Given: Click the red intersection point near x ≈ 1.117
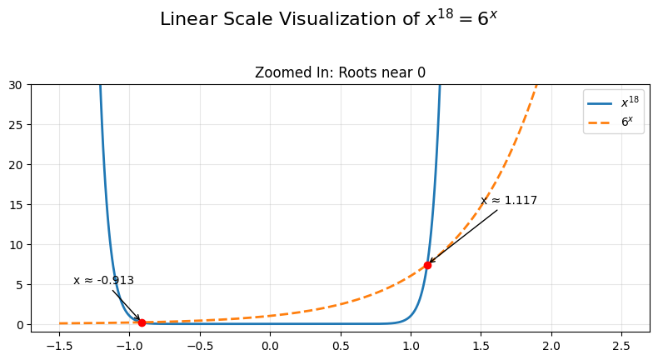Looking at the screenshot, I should pyautogui.click(x=427, y=265).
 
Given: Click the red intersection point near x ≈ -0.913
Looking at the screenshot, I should pyautogui.click(x=142, y=322).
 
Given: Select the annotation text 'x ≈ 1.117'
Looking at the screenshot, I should pyautogui.click(x=509, y=201).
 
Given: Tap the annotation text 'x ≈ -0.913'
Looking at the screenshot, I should pyautogui.click(x=103, y=281).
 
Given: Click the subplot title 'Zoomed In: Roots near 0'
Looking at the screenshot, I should pyautogui.click(x=340, y=72).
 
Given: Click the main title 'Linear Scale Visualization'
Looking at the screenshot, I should pyautogui.click(x=329, y=19).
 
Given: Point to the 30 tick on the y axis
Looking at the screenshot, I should pyautogui.click(x=19, y=85).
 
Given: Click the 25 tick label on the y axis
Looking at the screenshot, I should pyautogui.click(x=19, y=125).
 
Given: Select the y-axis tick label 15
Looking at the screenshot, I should pyautogui.click(x=19, y=205).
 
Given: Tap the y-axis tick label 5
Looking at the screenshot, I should pyautogui.click(x=22, y=285).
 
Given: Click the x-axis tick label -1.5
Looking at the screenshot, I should pyautogui.click(x=59, y=345).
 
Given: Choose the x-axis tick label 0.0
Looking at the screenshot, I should pyautogui.click(x=270, y=345).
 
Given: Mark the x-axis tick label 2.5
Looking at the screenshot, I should pyautogui.click(x=621, y=345).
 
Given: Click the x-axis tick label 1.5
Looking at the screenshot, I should pyautogui.click(x=481, y=345).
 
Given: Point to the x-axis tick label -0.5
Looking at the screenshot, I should pyautogui.click(x=199, y=345).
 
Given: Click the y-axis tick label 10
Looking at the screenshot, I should pyautogui.click(x=19, y=245).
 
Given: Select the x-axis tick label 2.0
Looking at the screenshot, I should pyautogui.click(x=551, y=345).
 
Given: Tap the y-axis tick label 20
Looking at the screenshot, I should pyautogui.click(x=19, y=165).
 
